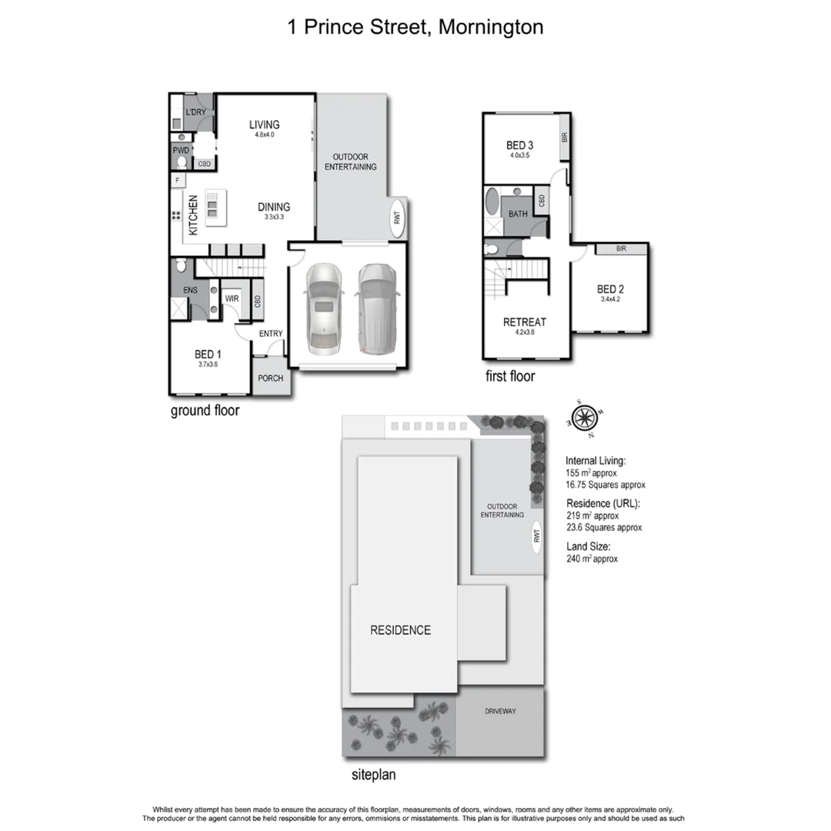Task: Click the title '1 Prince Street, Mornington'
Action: pos(415,28)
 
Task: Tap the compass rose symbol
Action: pos(585,418)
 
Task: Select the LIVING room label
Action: pos(264,125)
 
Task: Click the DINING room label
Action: pos(274,207)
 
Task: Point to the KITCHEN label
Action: pos(193,215)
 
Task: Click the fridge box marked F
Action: pos(177,181)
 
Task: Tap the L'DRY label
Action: pos(195,112)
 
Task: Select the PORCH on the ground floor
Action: pos(270,378)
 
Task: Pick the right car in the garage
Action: pos(376,309)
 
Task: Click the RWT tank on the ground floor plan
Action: pos(398,216)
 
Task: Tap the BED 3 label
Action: pos(519,145)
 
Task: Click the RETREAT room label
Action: pos(519,322)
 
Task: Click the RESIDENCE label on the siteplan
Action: pos(400,630)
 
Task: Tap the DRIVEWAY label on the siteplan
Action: pos(500,711)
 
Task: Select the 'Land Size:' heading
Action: pos(588,546)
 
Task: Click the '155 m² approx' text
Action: pos(592,473)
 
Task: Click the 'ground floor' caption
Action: pos(205,411)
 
